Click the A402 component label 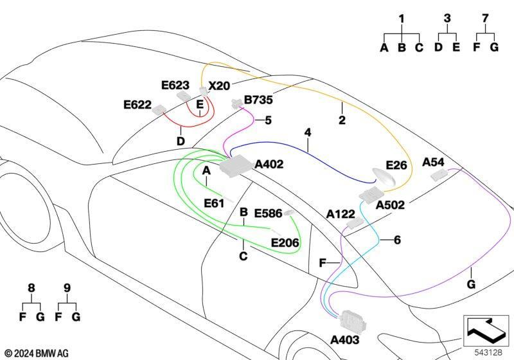[269, 164]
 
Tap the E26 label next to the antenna [396, 165]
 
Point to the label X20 [219, 86]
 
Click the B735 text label [258, 100]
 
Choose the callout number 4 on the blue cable [308, 132]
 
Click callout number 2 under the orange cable [342, 120]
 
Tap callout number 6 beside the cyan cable [397, 240]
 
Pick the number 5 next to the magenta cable [268, 120]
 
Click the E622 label [137, 105]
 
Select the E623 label [175, 85]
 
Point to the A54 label [433, 162]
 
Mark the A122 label [341, 214]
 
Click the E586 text [268, 213]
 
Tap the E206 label [285, 242]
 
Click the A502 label [390, 205]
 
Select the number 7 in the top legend [486, 19]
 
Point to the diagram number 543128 [488, 352]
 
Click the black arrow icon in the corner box [486, 328]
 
